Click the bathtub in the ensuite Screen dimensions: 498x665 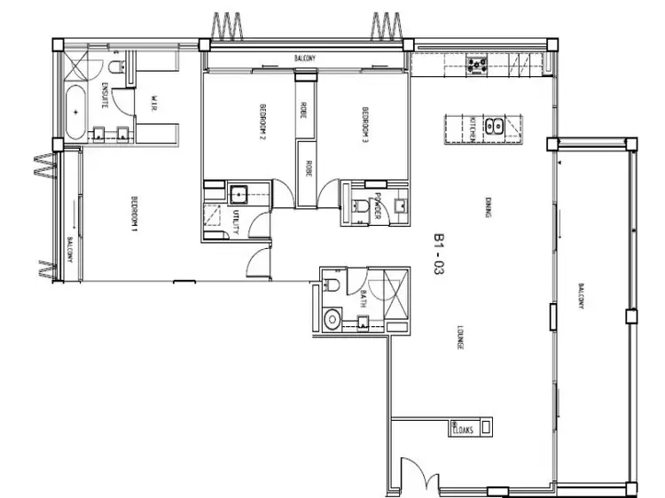point(76,112)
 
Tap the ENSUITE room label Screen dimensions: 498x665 point(105,94)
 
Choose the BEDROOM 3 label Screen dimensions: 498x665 point(365,125)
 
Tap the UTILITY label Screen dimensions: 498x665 point(235,222)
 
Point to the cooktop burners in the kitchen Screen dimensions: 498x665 point(479,64)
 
